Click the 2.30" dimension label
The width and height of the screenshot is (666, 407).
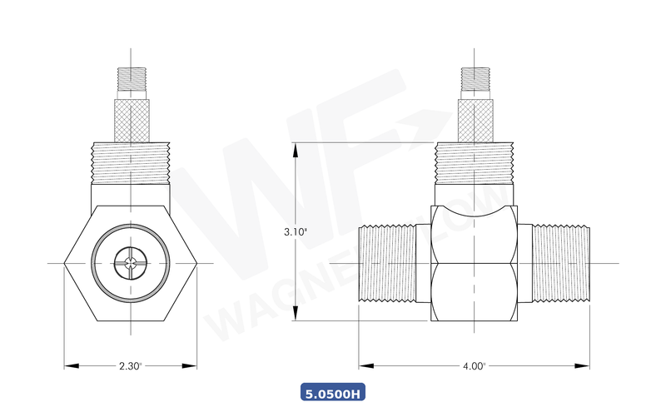[131, 365]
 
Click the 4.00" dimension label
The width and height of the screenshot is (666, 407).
[474, 365]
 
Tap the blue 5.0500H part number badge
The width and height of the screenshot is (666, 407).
[333, 392]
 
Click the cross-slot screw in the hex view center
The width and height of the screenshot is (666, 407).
[131, 264]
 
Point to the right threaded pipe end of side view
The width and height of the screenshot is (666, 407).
[560, 264]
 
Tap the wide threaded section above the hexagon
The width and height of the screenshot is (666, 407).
[131, 162]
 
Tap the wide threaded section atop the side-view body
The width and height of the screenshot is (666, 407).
[475, 162]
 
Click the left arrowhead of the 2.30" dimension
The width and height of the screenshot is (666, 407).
[69, 365]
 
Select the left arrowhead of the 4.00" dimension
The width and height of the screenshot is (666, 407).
[364, 365]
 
